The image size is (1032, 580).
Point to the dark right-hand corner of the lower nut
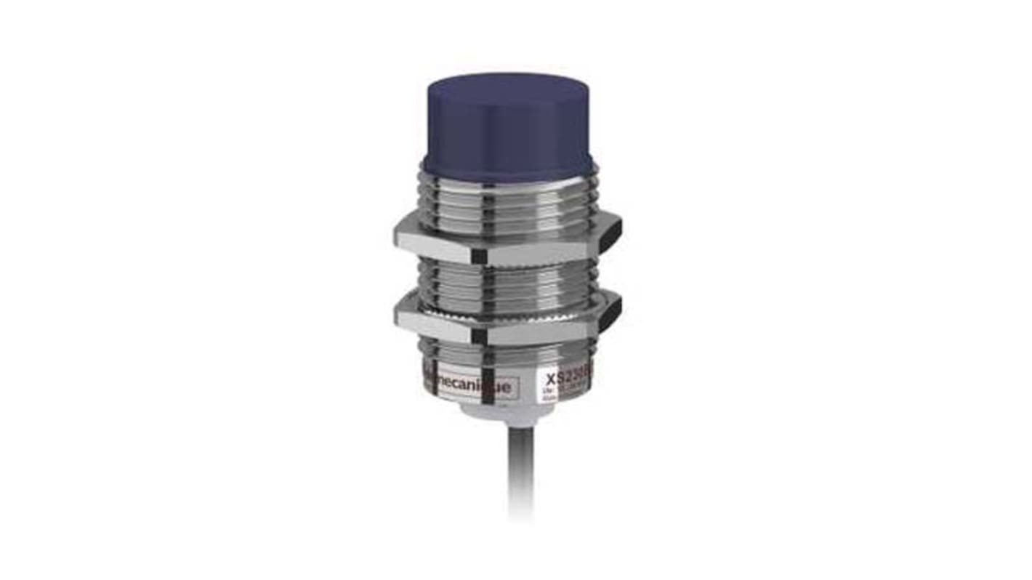click(x=611, y=309)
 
